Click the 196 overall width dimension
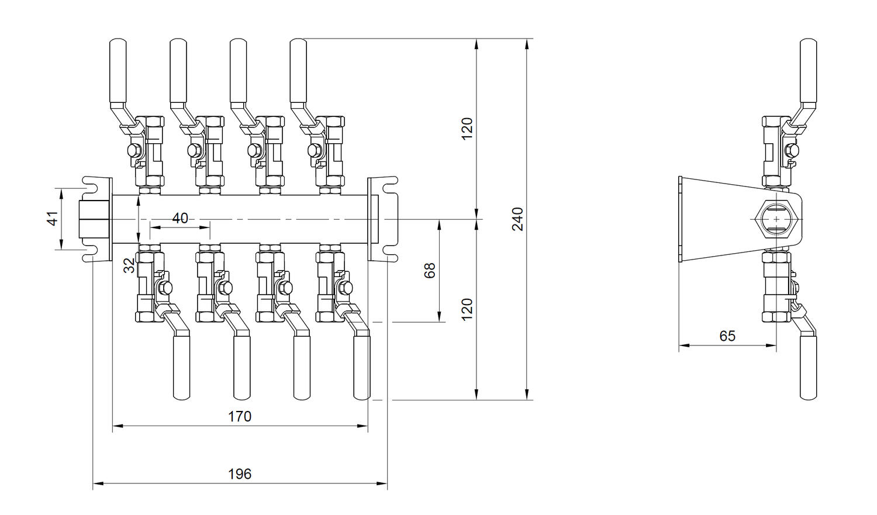coord(240,473)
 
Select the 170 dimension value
coord(240,416)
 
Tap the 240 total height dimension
coord(518,219)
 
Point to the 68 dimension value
coord(430,270)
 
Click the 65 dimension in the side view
coord(727,336)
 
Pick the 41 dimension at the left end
coord(53,219)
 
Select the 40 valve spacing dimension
coord(180,218)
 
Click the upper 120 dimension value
coord(467,129)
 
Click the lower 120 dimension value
coord(467,309)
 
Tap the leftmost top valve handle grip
coord(118,70)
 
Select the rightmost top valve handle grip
coord(298,70)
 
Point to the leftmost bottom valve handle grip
coord(181,367)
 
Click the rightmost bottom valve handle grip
coord(362,367)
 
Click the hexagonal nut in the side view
coord(775,219)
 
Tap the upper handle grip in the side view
coord(809,70)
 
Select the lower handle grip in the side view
coord(809,367)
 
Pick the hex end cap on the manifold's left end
coord(94,219)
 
